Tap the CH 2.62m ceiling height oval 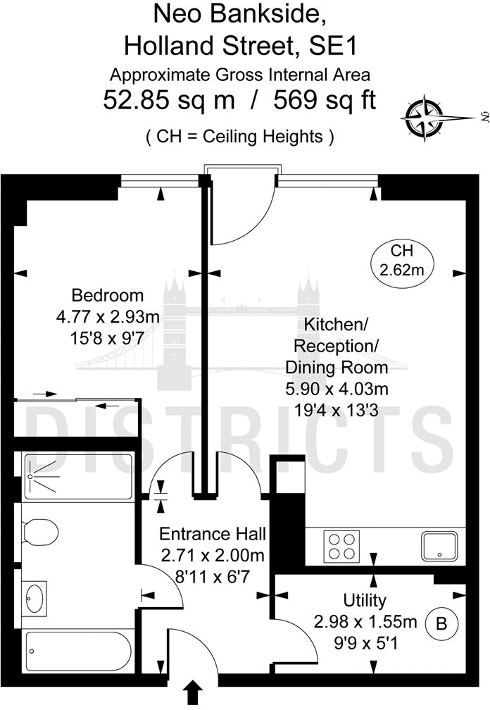click(x=402, y=262)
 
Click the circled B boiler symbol click(x=441, y=623)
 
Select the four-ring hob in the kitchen click(x=341, y=547)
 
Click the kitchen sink click(x=439, y=547)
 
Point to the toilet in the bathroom click(x=40, y=531)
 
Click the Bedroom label click(x=108, y=295)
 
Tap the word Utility click(x=365, y=600)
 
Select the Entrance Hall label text click(x=213, y=534)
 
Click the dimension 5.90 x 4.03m click(x=337, y=389)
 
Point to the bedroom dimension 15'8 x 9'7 click(x=104, y=338)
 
